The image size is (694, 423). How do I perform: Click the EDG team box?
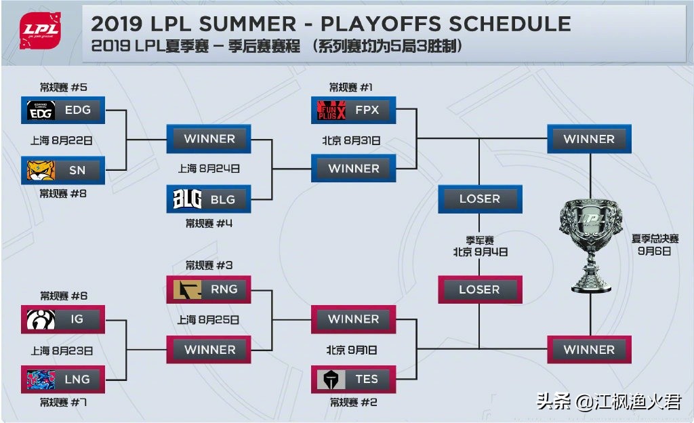click(63, 110)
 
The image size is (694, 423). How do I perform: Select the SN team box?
click(63, 170)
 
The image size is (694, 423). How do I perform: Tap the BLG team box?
click(209, 199)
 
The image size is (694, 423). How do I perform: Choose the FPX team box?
click(353, 110)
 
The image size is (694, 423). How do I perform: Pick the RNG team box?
click(209, 289)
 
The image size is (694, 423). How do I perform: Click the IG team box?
click(63, 319)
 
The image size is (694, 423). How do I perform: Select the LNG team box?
click(63, 379)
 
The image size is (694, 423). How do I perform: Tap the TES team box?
click(353, 379)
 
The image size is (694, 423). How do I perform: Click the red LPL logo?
click(40, 30)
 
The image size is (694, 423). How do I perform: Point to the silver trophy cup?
click(590, 245)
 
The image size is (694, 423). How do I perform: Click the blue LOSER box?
click(480, 199)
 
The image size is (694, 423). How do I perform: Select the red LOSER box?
click(480, 289)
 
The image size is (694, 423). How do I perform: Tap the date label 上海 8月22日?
click(62, 141)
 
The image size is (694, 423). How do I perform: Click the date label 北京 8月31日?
click(351, 141)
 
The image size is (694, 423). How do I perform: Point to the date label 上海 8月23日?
click(62, 351)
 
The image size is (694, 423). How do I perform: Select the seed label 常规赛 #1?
click(350, 87)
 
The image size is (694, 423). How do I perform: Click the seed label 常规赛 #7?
click(63, 402)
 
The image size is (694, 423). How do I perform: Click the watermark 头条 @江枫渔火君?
click(609, 401)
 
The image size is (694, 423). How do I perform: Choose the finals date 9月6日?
click(654, 251)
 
